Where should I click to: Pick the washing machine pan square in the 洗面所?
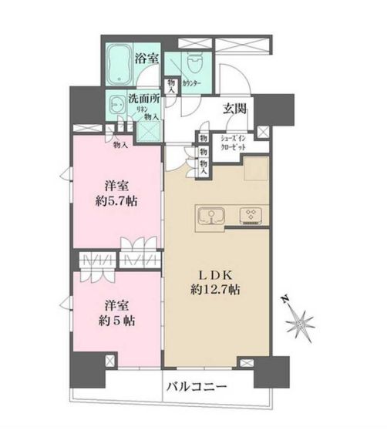coord(147,129)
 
